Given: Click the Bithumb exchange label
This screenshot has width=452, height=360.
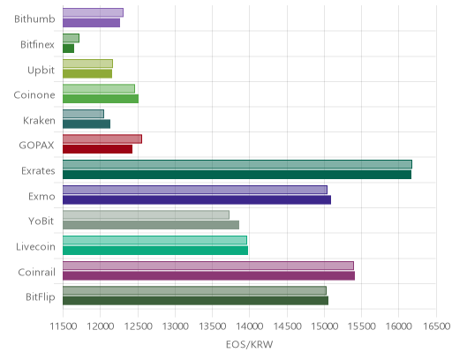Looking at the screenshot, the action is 34,19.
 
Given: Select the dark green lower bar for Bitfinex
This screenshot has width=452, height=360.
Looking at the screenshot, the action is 68,49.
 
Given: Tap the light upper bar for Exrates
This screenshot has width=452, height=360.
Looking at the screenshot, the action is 237,164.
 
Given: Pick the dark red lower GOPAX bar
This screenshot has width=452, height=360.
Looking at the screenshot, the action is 97,149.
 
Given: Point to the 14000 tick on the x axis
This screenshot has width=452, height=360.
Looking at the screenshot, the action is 249,326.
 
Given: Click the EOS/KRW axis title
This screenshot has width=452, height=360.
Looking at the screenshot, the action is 249,344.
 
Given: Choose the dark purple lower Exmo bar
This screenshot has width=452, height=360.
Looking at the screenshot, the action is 197,199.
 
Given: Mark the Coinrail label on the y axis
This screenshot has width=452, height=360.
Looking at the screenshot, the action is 36,272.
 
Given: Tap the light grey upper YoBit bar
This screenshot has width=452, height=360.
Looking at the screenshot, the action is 146,215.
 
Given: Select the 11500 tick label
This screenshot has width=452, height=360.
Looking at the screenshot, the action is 64,326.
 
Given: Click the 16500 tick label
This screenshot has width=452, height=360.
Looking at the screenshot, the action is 437,326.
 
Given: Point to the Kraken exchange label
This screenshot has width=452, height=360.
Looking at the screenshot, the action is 39,121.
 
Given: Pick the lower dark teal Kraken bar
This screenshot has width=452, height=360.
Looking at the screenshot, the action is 87,124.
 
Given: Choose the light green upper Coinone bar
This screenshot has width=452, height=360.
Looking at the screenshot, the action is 99,88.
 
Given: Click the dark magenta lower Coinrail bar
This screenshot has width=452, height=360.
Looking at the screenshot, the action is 208,275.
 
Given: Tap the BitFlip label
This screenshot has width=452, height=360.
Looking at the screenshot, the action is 41,297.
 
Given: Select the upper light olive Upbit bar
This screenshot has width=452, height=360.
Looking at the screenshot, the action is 87,64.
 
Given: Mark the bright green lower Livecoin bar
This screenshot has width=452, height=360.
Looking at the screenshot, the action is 155,251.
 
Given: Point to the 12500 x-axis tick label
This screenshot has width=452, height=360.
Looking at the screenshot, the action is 138,326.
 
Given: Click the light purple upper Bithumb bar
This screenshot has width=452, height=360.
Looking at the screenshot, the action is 93,12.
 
